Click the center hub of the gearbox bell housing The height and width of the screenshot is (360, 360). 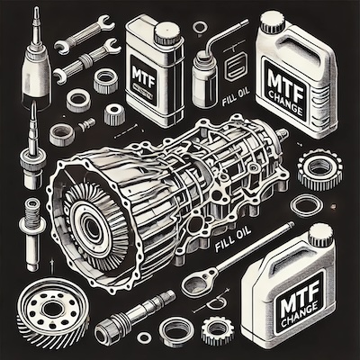(x=91, y=224)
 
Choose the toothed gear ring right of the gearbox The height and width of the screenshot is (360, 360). (x=319, y=169)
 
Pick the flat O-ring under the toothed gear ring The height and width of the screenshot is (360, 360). (x=307, y=206)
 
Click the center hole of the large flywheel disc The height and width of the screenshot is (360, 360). (x=52, y=309)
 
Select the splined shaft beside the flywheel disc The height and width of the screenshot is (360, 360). (x=135, y=313)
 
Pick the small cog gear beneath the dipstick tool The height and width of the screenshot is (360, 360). (x=214, y=330)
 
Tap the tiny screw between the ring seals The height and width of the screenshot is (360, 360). (x=87, y=123)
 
